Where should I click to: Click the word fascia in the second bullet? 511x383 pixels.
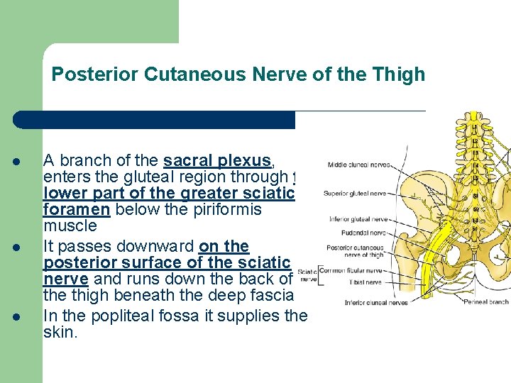coord(273,296)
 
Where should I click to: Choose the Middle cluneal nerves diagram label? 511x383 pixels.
coord(358,165)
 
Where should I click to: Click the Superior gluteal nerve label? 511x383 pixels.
coord(355,193)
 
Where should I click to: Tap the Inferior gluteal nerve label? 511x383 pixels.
coord(358,219)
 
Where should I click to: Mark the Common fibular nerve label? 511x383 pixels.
coord(352,270)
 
